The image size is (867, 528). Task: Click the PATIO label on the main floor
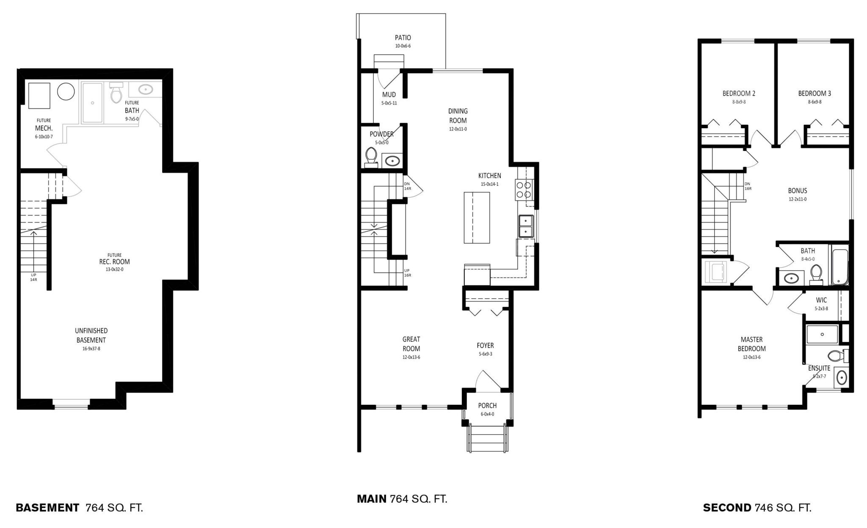click(x=403, y=38)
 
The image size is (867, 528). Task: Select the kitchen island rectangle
click(x=477, y=217)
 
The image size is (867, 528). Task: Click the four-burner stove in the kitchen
click(x=524, y=190)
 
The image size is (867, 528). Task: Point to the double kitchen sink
click(x=525, y=226)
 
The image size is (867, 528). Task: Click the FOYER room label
click(x=485, y=346)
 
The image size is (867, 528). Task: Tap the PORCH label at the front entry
click(x=487, y=406)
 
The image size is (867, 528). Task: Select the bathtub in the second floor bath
click(x=839, y=267)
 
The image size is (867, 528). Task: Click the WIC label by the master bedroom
click(x=821, y=300)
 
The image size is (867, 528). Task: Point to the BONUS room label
click(x=798, y=191)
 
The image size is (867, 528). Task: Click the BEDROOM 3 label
click(x=815, y=93)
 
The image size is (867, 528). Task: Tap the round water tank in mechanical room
click(x=66, y=91)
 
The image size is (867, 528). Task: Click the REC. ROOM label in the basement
click(x=114, y=262)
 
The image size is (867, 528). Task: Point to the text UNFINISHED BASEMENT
click(x=91, y=335)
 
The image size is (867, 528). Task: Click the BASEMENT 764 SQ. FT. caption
click(x=79, y=508)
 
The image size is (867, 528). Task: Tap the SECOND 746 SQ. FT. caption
click(x=757, y=508)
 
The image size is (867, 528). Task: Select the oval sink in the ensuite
click(x=841, y=377)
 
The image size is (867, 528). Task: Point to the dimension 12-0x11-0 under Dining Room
click(x=458, y=129)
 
